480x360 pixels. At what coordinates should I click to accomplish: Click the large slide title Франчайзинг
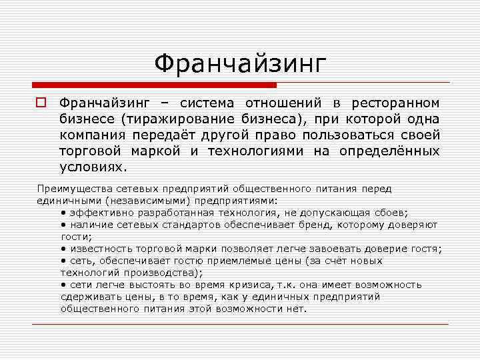241,64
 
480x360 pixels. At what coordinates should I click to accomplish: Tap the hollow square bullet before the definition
41,103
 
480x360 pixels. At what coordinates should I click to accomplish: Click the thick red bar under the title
154,85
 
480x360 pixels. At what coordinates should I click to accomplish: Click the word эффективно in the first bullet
100,213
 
